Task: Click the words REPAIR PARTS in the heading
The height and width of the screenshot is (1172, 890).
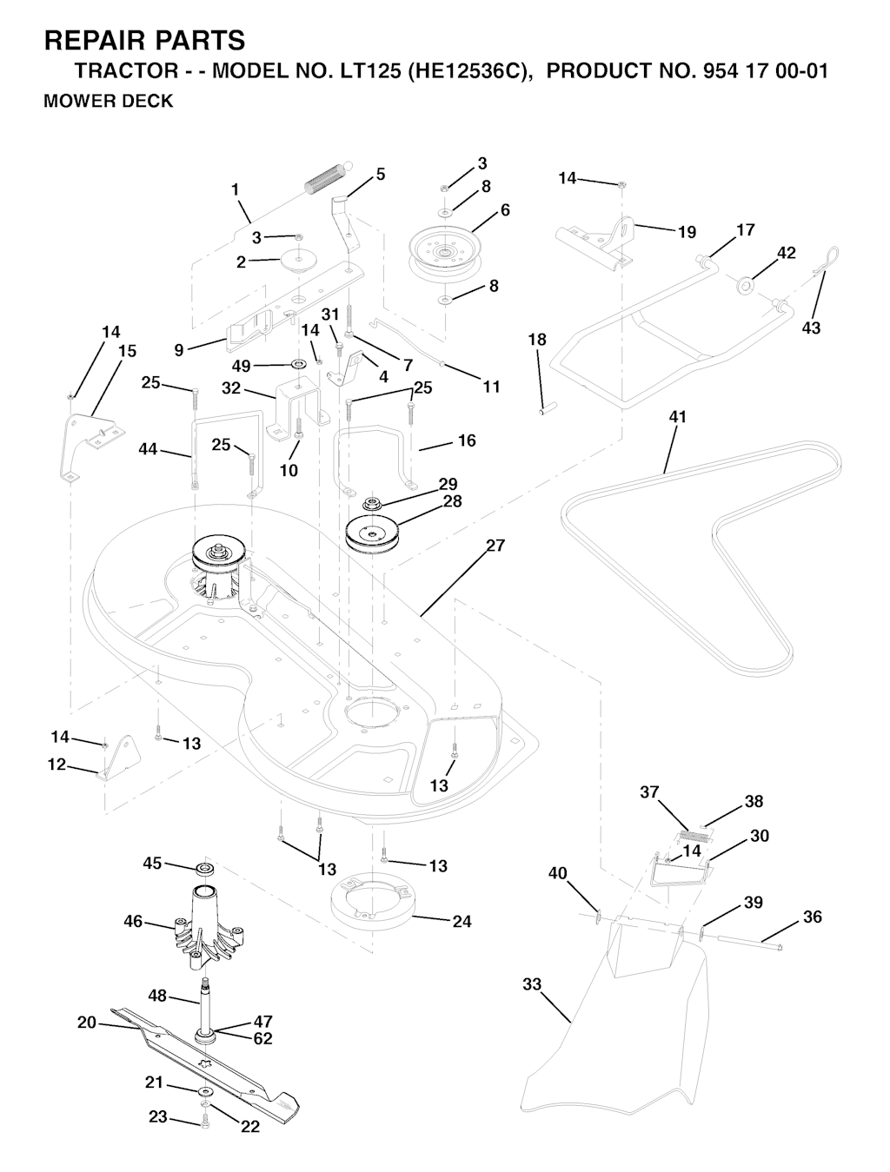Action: click(x=144, y=41)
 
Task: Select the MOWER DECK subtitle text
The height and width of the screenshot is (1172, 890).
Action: click(x=109, y=102)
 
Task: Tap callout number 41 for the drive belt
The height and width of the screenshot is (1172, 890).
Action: click(x=678, y=417)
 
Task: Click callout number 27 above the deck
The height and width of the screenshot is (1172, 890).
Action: click(x=495, y=546)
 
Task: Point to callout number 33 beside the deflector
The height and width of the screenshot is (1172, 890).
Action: click(x=532, y=984)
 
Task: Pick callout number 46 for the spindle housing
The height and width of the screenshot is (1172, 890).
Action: click(x=133, y=922)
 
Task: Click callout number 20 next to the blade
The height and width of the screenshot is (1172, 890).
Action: click(x=87, y=1023)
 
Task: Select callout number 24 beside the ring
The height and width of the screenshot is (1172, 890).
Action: click(x=462, y=922)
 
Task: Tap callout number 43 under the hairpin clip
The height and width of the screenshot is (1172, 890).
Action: click(x=811, y=328)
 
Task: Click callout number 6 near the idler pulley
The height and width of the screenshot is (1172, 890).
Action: click(x=505, y=210)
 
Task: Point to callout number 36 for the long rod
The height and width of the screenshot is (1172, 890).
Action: click(x=813, y=917)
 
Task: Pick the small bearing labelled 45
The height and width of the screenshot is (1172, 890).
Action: click(x=203, y=869)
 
